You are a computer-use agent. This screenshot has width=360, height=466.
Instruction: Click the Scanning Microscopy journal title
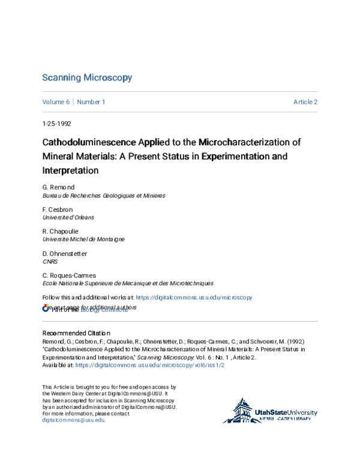[x=87, y=78]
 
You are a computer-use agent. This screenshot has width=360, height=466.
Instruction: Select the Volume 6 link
[x=56, y=102]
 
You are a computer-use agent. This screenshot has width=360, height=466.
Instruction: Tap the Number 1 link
[x=91, y=102]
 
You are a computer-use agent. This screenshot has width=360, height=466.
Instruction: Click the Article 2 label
[x=305, y=102]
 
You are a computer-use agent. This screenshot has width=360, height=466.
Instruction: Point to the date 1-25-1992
[x=56, y=126]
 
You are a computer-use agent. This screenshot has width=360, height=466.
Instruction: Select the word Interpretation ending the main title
[x=70, y=171]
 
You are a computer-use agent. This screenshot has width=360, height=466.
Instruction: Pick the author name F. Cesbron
[x=58, y=210]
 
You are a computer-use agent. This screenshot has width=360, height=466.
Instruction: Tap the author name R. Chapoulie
[x=61, y=231]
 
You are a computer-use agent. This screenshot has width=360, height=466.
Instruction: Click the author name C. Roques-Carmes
[x=70, y=275]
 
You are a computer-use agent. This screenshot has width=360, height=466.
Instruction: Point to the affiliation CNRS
[x=50, y=261]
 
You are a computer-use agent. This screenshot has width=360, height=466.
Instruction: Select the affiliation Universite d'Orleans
[x=68, y=217]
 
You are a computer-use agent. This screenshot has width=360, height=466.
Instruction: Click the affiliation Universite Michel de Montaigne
[x=83, y=239]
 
